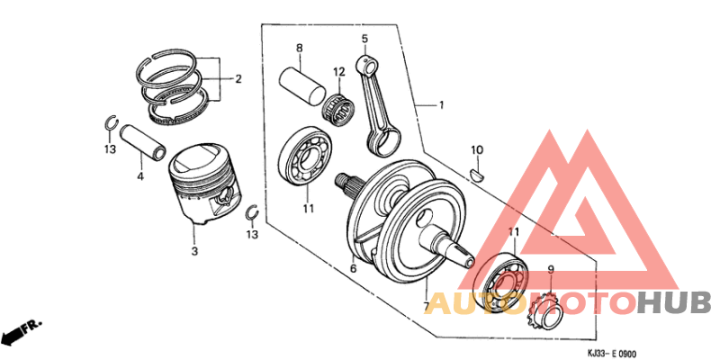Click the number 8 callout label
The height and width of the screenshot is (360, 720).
pos(299,47)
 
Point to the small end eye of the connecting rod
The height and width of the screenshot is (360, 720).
pos(366,63)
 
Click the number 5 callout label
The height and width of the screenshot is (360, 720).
pos(364,39)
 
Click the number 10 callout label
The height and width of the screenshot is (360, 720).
pos(477,148)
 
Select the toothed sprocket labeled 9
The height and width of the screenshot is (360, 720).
pos(540,310)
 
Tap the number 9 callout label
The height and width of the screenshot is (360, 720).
pos(551,268)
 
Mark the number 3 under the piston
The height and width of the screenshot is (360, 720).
pos(193,251)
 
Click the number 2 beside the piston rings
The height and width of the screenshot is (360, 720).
pos(238,79)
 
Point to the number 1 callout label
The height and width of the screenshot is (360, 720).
pos(441,105)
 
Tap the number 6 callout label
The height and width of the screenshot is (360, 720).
pos(353,268)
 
